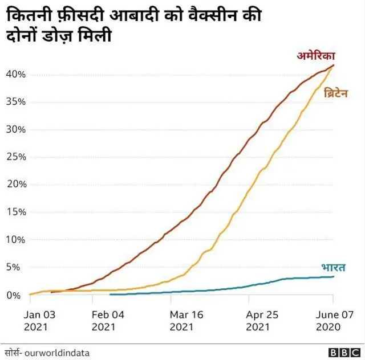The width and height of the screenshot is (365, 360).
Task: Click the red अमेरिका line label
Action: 315,56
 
